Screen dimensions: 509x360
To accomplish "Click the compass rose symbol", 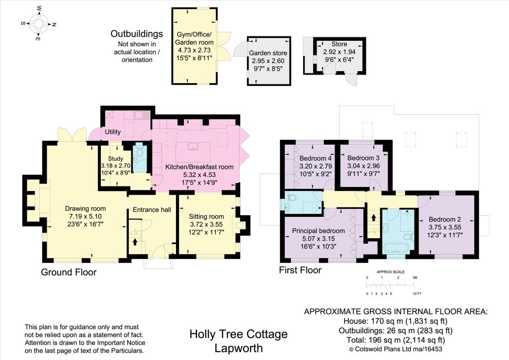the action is click(x=39, y=23).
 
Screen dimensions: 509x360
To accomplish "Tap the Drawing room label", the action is click(x=85, y=209).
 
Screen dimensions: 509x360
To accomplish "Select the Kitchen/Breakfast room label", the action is click(x=199, y=167).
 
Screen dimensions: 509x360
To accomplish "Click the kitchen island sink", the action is click(x=193, y=147).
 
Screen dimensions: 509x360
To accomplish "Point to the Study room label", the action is click(x=115, y=159).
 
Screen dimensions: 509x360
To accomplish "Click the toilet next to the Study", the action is click(x=140, y=152).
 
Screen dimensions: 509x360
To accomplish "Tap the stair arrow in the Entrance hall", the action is click(x=135, y=241).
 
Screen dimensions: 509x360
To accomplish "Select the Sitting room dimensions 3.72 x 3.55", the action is click(x=206, y=224).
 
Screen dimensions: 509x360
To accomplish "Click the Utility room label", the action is click(x=113, y=131).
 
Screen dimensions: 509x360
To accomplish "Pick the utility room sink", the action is click(x=142, y=115).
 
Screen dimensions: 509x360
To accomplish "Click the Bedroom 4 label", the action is click(x=316, y=159).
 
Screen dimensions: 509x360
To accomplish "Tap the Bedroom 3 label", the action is click(x=363, y=158).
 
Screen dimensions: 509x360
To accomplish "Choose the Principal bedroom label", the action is click(x=319, y=231).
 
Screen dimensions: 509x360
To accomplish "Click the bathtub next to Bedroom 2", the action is click(x=396, y=248).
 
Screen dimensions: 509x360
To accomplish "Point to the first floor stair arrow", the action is click(x=373, y=217).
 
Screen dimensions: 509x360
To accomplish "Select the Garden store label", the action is click(x=268, y=53).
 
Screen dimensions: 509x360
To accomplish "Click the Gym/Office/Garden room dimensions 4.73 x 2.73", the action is click(x=194, y=50).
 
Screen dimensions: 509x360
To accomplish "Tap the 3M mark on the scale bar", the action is click(x=415, y=277).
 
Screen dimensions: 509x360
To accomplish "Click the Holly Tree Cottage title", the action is click(x=239, y=334).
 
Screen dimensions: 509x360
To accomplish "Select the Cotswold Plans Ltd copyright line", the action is click(x=395, y=349).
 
